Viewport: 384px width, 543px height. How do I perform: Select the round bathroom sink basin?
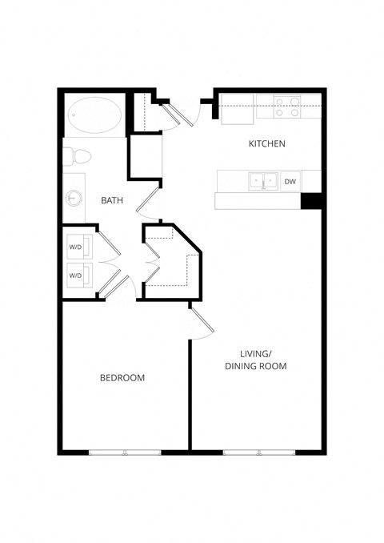click(x=74, y=197)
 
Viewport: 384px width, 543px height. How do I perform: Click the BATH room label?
click(x=111, y=200)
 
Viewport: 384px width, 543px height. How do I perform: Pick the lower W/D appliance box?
click(x=78, y=275)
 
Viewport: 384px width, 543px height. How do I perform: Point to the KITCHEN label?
click(x=266, y=144)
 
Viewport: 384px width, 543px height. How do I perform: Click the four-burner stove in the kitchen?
click(x=286, y=107)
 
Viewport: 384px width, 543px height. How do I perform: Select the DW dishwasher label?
click(x=290, y=182)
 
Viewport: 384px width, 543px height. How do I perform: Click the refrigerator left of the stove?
click(x=238, y=110)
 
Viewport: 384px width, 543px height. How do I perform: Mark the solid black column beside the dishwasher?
click(x=310, y=201)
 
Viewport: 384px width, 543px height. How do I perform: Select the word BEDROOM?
click(x=122, y=377)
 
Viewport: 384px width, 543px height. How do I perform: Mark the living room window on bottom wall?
click(x=258, y=452)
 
